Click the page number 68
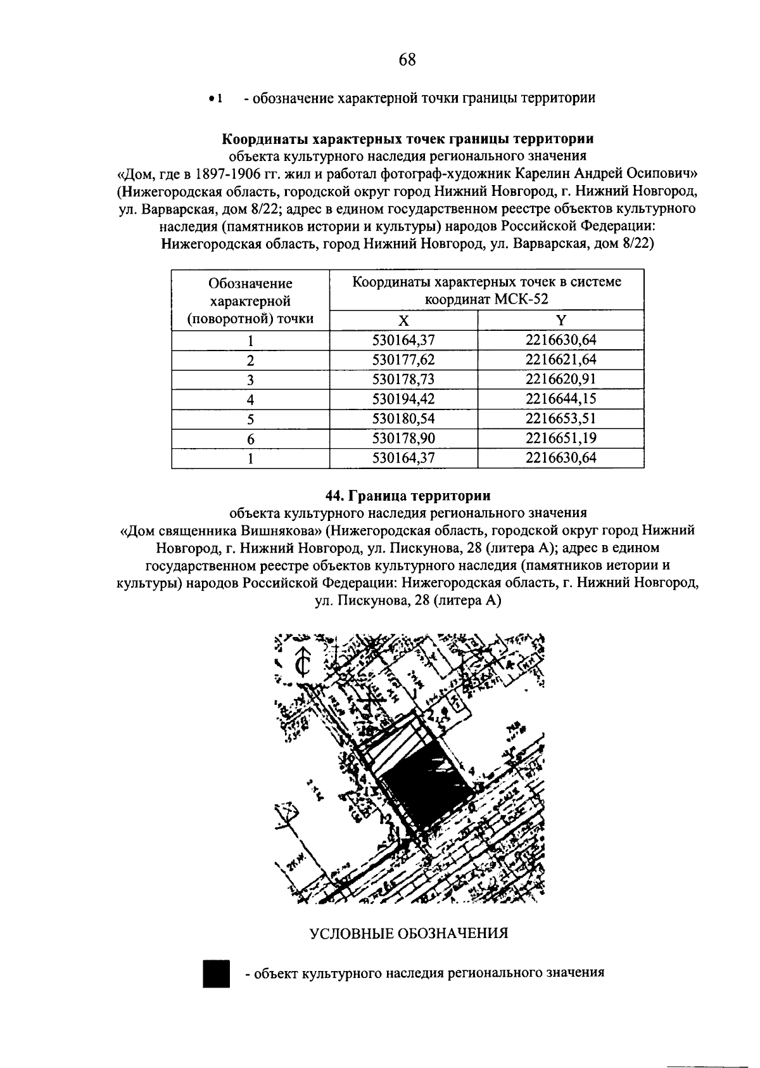coord(407,60)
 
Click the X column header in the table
coord(403,320)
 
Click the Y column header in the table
coord(560,320)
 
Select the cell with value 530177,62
coord(403,360)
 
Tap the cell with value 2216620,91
coord(560,380)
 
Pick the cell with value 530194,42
coord(403,399)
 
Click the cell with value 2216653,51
coord(560,419)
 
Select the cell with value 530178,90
coord(403,439)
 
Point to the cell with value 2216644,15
coord(560,399)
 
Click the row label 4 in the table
coord(251,400)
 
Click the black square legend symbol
coord(216,973)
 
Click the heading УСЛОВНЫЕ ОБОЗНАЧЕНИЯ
coord(408,934)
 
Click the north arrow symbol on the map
coord(303,662)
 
